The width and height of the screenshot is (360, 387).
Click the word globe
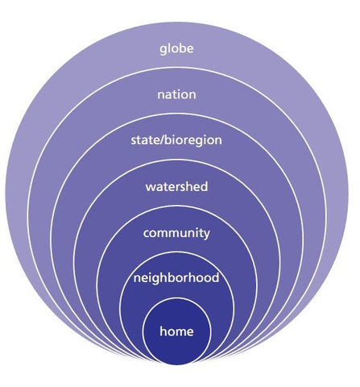point(176,49)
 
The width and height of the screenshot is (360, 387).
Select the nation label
point(176,94)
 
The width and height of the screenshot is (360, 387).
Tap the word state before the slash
point(145,140)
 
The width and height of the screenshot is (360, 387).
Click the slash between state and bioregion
point(161,140)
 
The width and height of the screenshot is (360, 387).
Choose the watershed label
point(176,186)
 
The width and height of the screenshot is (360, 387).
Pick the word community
point(176,233)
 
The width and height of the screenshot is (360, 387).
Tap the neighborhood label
point(176,277)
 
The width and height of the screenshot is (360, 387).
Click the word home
point(176,331)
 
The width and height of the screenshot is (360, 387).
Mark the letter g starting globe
point(163,50)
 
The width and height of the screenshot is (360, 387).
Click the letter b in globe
point(182,48)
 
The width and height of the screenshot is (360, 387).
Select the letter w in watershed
point(151,187)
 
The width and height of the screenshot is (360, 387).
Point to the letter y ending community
point(206,235)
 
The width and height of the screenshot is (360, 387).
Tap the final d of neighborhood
point(216,277)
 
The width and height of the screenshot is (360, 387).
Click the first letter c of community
point(147,234)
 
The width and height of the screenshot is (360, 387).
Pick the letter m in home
point(180,332)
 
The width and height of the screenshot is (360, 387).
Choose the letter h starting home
point(163,331)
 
